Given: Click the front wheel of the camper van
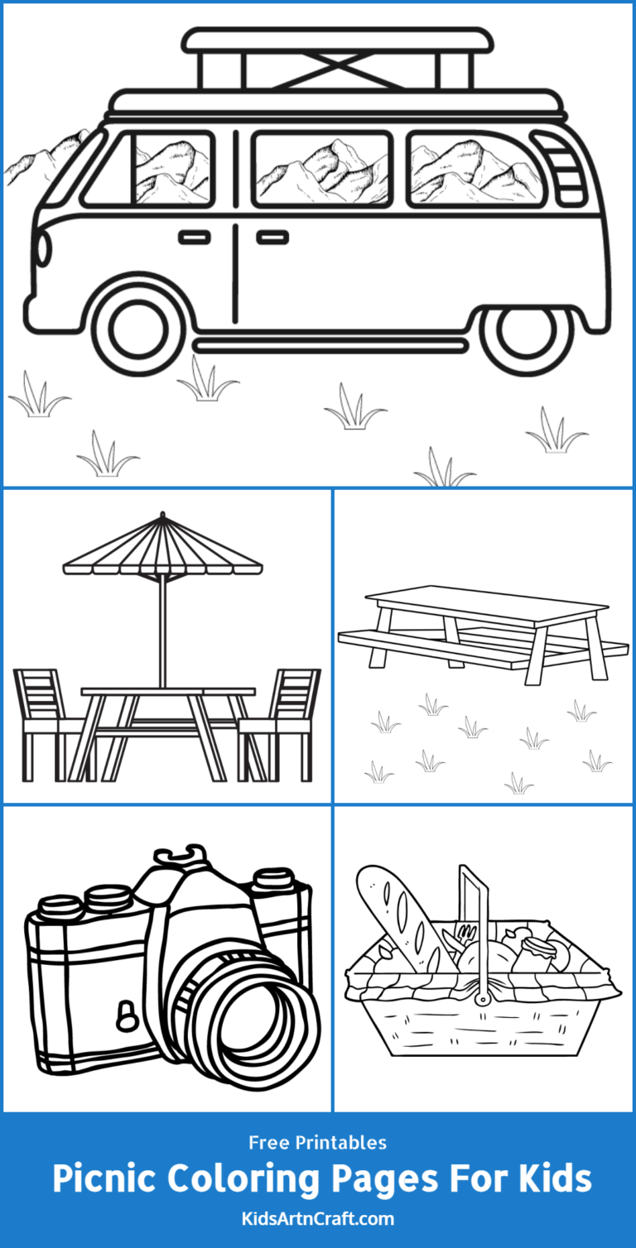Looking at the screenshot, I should (x=138, y=328).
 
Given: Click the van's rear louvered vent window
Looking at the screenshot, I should (x=564, y=169).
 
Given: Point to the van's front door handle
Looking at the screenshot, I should (x=195, y=238).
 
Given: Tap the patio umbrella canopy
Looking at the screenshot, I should (x=162, y=551).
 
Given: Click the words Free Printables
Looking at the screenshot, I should (x=318, y=1143).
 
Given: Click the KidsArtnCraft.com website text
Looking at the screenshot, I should (x=318, y=1218).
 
